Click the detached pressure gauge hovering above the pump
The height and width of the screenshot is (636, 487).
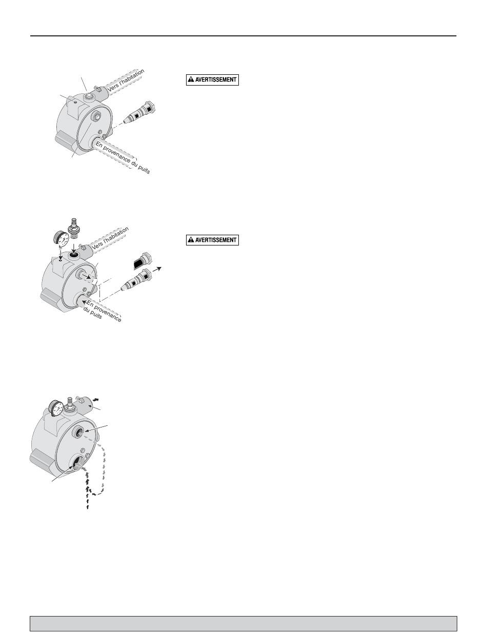[x=62, y=238]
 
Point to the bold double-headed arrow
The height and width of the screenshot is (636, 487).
[x=96, y=399]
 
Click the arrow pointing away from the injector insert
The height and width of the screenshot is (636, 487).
[x=157, y=269]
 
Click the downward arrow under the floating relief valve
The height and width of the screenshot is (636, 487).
[x=73, y=247]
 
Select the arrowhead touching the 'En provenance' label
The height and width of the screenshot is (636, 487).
[x=84, y=301]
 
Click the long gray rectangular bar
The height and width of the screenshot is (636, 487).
[x=243, y=623]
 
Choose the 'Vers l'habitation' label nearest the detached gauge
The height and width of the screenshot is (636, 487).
[x=110, y=238]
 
